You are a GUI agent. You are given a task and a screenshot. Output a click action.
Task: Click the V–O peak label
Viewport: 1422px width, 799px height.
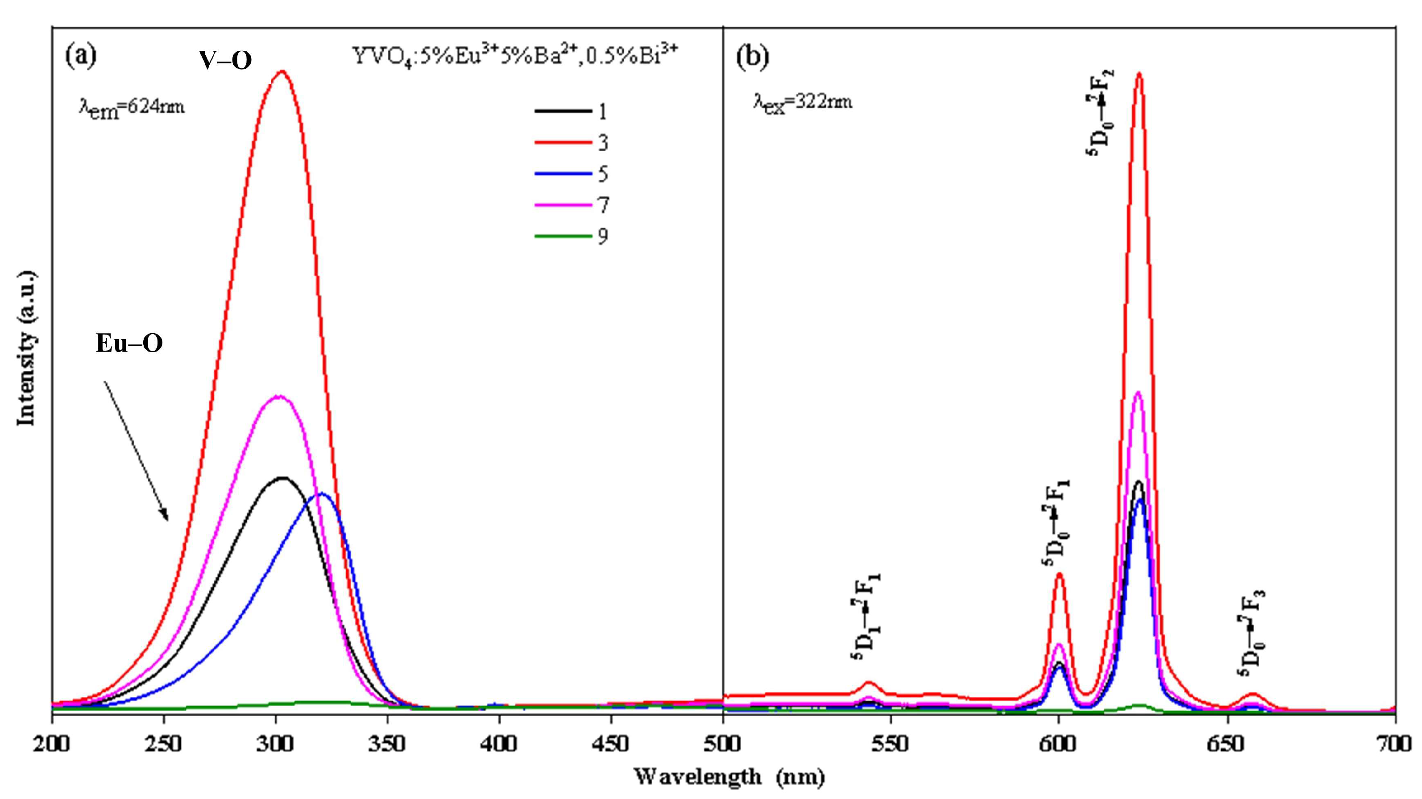tap(226, 60)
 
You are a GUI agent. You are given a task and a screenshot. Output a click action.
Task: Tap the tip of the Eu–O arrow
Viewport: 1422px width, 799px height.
tap(167, 520)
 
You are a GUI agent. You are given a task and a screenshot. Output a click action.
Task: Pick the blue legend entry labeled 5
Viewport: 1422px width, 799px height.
tap(571, 174)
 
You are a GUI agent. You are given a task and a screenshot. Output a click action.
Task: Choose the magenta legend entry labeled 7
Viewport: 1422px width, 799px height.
tap(571, 205)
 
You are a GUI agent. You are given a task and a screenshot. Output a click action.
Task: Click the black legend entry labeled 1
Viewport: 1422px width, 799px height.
tap(571, 112)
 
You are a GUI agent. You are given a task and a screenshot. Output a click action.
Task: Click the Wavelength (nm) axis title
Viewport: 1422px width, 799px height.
tap(729, 778)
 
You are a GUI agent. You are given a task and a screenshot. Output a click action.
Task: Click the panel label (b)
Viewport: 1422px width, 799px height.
tap(752, 56)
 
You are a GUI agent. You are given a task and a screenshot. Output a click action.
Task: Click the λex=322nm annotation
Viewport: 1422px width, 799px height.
tap(803, 102)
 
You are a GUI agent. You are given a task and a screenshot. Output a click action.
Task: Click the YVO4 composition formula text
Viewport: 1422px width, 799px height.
tap(514, 56)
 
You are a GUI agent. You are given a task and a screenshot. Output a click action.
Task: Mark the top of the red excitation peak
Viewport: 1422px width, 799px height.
tap(282, 71)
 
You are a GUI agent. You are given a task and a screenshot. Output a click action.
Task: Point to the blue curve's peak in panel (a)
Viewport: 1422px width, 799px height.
tap(323, 493)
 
